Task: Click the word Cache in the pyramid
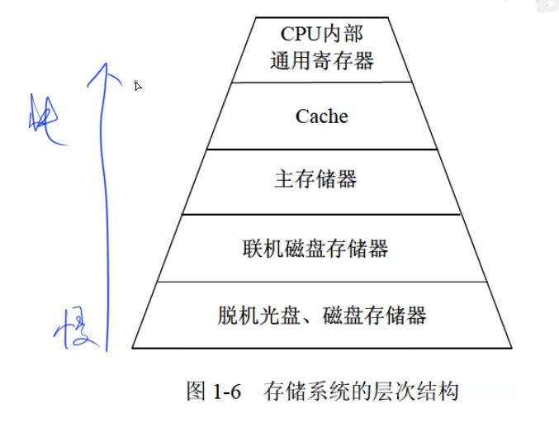pyautogui.click(x=321, y=116)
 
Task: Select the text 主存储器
pyautogui.click(x=315, y=180)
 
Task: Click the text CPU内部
pyautogui.click(x=321, y=34)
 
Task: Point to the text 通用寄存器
pyautogui.click(x=321, y=60)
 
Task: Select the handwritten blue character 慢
pyautogui.click(x=78, y=328)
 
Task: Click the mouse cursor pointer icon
pyautogui.click(x=138, y=85)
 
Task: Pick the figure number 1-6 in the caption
pyautogui.click(x=225, y=391)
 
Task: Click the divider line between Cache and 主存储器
pyautogui.click(x=321, y=149)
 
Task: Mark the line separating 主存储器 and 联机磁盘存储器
pyautogui.click(x=321, y=215)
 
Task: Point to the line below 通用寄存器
pyautogui.click(x=321, y=82)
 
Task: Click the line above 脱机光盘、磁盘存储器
pyautogui.click(x=321, y=281)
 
